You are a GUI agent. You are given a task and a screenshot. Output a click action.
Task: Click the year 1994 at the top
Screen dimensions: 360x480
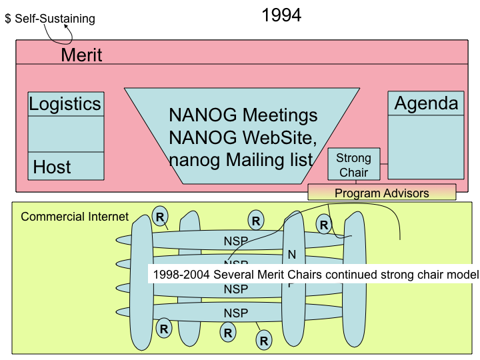281,15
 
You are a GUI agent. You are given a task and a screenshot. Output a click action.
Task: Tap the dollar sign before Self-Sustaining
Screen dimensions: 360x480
8,19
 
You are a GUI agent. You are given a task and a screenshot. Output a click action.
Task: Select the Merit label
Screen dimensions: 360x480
81,55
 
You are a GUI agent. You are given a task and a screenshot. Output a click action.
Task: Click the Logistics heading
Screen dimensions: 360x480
65,104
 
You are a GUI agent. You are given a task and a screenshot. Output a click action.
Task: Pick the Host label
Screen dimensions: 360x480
52,166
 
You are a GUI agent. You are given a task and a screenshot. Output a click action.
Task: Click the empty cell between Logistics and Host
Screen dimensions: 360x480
66,133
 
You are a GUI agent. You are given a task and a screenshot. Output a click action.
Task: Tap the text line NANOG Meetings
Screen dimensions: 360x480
243,115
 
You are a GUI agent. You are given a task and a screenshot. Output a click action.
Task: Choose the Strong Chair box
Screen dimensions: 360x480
353,165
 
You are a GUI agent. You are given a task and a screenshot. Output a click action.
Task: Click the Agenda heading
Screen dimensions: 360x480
426,103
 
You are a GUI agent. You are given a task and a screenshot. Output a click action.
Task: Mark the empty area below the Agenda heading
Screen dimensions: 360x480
426,147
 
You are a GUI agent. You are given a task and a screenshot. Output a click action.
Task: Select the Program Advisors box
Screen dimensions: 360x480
381,193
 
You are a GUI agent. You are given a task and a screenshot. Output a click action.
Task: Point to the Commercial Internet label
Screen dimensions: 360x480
75,217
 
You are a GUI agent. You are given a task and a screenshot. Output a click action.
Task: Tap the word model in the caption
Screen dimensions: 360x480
463,274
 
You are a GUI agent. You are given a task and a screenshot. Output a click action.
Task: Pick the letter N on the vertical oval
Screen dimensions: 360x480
291,255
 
